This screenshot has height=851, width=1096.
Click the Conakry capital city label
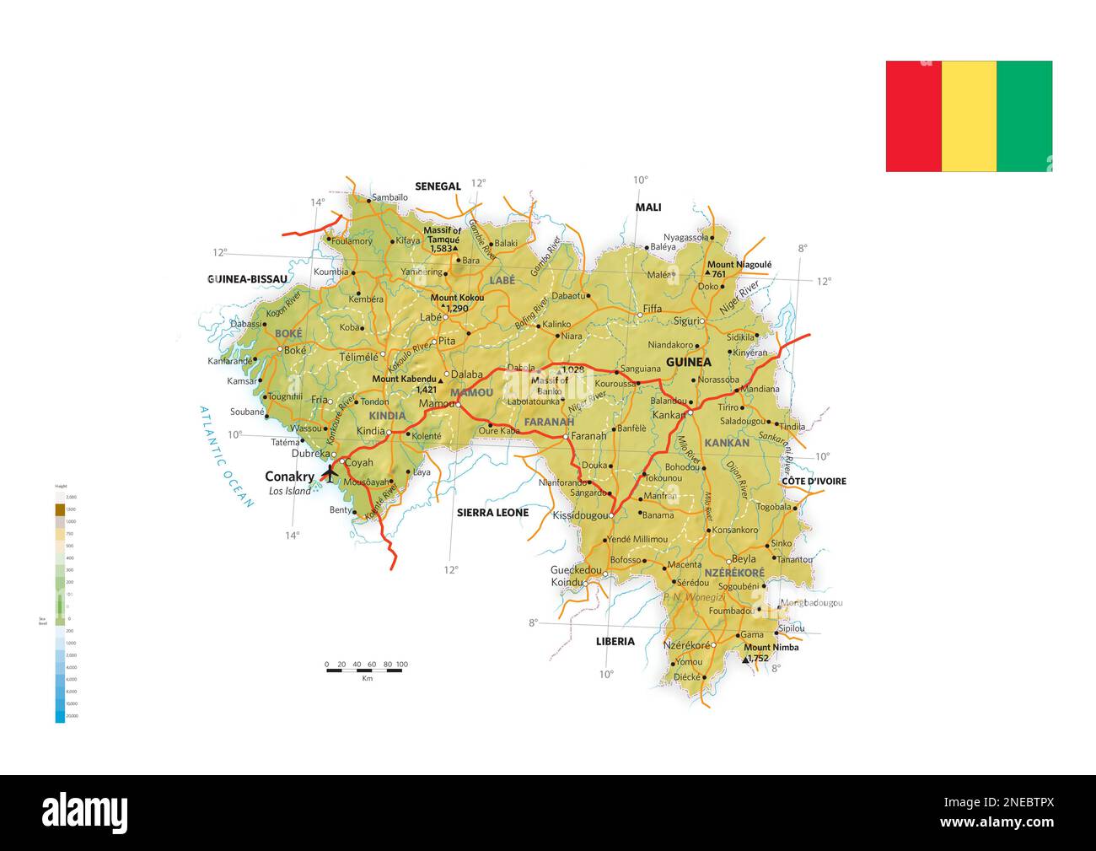289,477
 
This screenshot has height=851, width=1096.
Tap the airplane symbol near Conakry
330,474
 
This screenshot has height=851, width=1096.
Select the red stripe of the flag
913,116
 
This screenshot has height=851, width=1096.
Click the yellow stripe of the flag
969,116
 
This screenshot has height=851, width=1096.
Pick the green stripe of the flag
1024,116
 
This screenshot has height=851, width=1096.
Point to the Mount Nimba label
771,648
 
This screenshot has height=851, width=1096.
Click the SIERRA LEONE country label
492,512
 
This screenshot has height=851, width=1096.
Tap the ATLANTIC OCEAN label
226,456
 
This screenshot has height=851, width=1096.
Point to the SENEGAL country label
438,186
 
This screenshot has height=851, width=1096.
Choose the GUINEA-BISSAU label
247,278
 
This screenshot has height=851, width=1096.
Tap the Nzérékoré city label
685,645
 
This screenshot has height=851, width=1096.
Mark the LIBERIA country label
615,641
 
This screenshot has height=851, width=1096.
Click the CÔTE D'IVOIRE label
814,482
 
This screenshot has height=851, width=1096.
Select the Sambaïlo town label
390,197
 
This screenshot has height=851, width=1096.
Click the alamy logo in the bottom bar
85,813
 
